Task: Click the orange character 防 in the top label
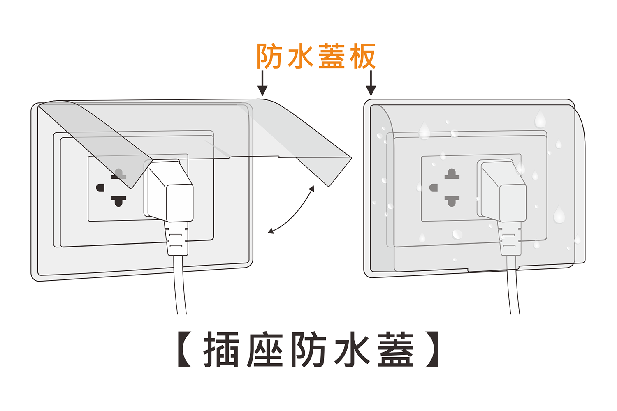tap(269, 56)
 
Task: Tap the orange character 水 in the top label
tap(301, 56)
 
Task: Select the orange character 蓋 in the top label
tap(332, 56)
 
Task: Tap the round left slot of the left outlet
tap(100, 188)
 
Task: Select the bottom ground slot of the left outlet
tap(118, 201)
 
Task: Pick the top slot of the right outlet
tap(452, 174)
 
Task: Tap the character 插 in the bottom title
tap(221, 350)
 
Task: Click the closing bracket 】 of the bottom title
tap(432, 350)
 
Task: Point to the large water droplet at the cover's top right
tap(540, 119)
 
